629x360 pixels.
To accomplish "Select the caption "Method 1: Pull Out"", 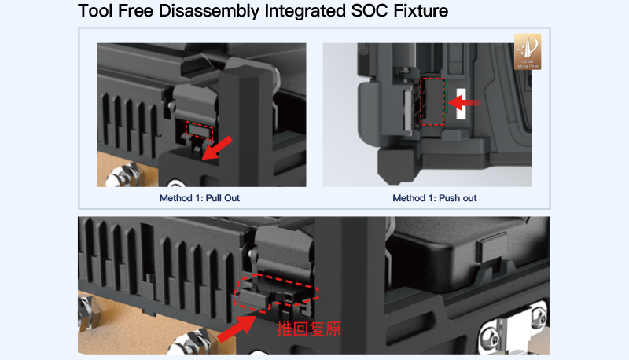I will [x=200, y=198].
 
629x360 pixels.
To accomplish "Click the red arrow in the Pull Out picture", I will [x=218, y=148].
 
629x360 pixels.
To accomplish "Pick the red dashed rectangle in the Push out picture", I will [x=432, y=101].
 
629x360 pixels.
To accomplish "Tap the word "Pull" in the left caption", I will [x=214, y=198].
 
